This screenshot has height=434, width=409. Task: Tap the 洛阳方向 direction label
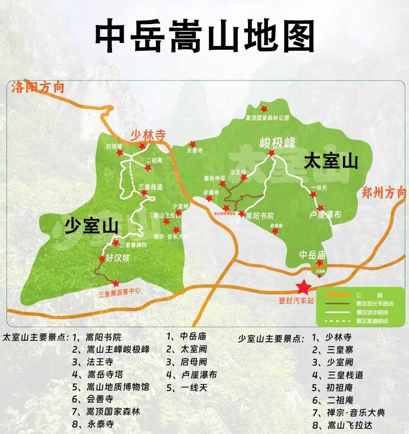38,88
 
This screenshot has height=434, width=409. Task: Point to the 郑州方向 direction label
383,192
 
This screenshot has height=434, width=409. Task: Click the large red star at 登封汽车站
303,287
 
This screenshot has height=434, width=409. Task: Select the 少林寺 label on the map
148,136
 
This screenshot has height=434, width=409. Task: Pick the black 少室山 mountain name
92,226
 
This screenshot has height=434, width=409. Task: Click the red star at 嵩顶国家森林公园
264,109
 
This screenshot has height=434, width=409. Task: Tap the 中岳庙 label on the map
313,254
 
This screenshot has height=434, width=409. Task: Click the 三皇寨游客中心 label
119,293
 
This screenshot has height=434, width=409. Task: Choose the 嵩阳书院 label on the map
260,215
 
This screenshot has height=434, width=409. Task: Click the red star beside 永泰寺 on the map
193,144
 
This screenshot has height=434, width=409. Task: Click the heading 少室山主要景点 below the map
272,339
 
